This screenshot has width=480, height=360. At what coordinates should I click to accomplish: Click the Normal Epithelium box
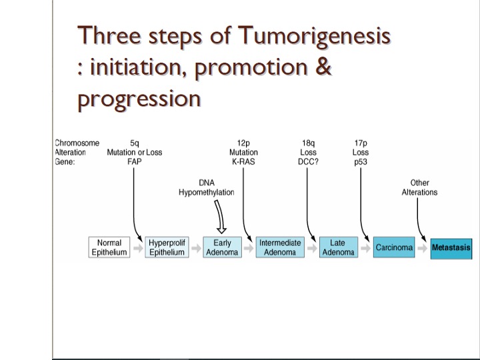click(109, 247)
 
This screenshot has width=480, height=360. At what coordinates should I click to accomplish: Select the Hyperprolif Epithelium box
click(167, 247)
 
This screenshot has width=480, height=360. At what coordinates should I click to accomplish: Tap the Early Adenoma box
click(222, 247)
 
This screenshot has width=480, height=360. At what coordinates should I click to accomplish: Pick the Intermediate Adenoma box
click(280, 247)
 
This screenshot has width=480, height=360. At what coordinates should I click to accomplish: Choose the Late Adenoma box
click(339, 247)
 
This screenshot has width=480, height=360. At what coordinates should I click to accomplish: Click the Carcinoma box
click(394, 247)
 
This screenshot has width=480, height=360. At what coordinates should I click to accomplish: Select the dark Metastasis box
click(451, 249)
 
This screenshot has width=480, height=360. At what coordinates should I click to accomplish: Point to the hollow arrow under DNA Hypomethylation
click(220, 217)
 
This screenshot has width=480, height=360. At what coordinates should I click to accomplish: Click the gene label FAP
click(135, 161)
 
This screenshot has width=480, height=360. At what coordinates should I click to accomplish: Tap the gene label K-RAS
click(243, 161)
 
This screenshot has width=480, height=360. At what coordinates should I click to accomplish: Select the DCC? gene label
click(308, 161)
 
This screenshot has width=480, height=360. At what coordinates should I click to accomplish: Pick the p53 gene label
click(361, 162)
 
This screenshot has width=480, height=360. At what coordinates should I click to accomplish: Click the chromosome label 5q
click(135, 143)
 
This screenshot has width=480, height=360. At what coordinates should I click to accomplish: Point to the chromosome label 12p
click(243, 143)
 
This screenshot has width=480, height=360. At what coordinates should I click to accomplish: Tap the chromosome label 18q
click(308, 143)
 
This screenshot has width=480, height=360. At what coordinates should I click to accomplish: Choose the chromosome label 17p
click(361, 143)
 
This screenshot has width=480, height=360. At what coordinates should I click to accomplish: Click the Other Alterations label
click(419, 187)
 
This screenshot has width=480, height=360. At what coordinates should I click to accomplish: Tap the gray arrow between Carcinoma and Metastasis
click(423, 248)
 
